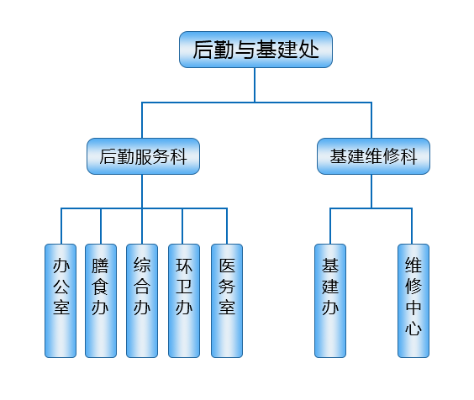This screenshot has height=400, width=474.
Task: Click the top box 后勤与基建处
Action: pos(255,50)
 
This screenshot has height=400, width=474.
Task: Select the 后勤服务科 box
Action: pos(143,156)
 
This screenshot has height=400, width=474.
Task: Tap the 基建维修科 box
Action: pos(373,156)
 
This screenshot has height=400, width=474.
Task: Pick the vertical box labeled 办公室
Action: pos(61,301)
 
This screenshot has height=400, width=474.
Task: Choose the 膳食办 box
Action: pos(101,301)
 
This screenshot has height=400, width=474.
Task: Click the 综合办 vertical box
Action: pos(142,301)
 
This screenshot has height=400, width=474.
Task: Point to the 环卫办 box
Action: pos(184,301)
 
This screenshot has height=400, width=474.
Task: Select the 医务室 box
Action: pos(227,301)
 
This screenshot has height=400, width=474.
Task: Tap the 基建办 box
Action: pos(330,301)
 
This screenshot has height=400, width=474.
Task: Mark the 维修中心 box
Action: pos(413,301)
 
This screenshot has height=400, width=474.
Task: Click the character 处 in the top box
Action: pos(308,50)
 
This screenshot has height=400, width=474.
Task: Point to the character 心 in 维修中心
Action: pos(413,329)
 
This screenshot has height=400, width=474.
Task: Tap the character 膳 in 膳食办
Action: pos(100,266)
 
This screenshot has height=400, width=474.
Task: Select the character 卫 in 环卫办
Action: pos(184,287)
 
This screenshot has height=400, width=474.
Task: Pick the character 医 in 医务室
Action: pos(227,266)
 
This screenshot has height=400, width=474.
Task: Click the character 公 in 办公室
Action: pos(61,287)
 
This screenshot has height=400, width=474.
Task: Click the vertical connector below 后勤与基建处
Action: pos(255,85)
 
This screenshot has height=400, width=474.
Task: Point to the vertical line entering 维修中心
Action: pos(412,226)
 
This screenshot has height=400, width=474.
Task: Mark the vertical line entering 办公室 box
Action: pos(61,226)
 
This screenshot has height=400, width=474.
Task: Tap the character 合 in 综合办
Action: pos(142,287)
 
